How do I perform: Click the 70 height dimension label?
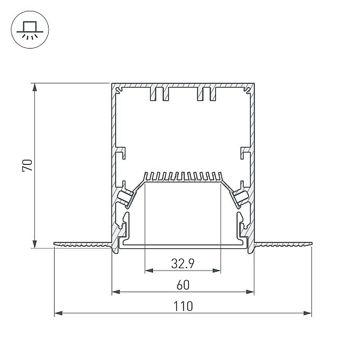28,165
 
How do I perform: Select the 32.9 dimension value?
183,263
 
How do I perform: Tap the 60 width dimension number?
183,285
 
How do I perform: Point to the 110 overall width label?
183,306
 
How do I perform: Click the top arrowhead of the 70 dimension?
34,88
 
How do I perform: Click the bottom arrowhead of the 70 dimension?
34,244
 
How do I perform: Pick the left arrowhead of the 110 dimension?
59,313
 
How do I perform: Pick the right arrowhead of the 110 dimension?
307,313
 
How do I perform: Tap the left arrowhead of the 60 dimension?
116,292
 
